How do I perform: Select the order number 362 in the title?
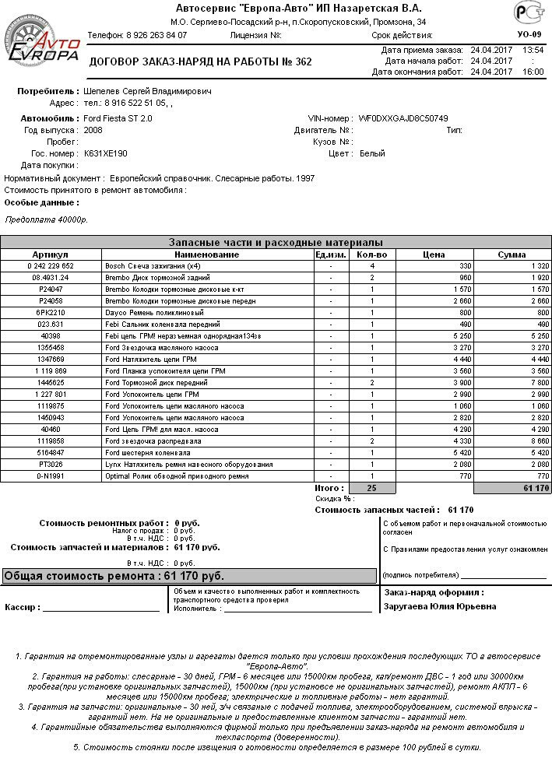(302, 61)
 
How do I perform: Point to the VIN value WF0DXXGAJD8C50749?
(403, 118)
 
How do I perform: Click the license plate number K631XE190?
(105, 153)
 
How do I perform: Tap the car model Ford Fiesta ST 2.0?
(118, 118)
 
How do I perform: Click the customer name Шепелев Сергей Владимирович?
(147, 91)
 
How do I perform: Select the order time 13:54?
(533, 50)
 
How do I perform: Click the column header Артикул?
(51, 254)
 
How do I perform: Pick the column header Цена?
(433, 254)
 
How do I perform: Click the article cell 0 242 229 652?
(51, 266)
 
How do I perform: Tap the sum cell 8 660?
(512, 440)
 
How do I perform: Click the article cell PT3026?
(51, 464)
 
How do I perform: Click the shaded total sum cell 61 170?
(511, 488)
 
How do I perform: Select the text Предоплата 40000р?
(46, 220)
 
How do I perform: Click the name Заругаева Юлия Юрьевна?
(440, 607)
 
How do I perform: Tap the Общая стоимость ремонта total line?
(114, 577)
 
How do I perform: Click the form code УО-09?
(527, 35)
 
